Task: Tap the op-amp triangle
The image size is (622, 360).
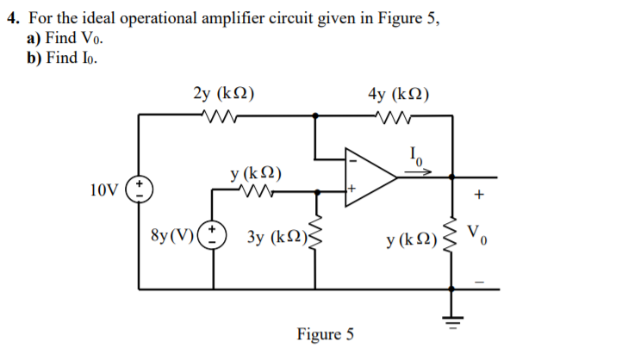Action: (x=369, y=176)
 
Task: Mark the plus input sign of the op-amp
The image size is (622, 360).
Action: (x=351, y=187)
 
